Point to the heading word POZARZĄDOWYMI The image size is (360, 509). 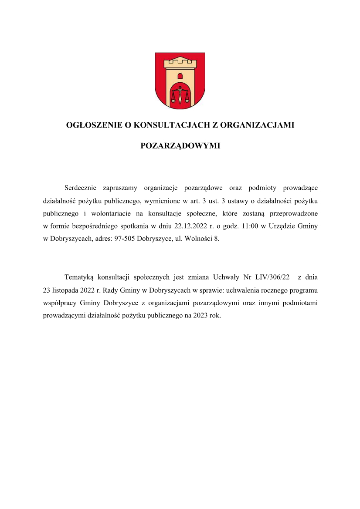(180, 146)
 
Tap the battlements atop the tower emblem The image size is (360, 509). (180, 64)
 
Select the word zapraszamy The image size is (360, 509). (120, 188)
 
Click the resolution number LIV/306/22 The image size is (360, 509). (272, 277)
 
